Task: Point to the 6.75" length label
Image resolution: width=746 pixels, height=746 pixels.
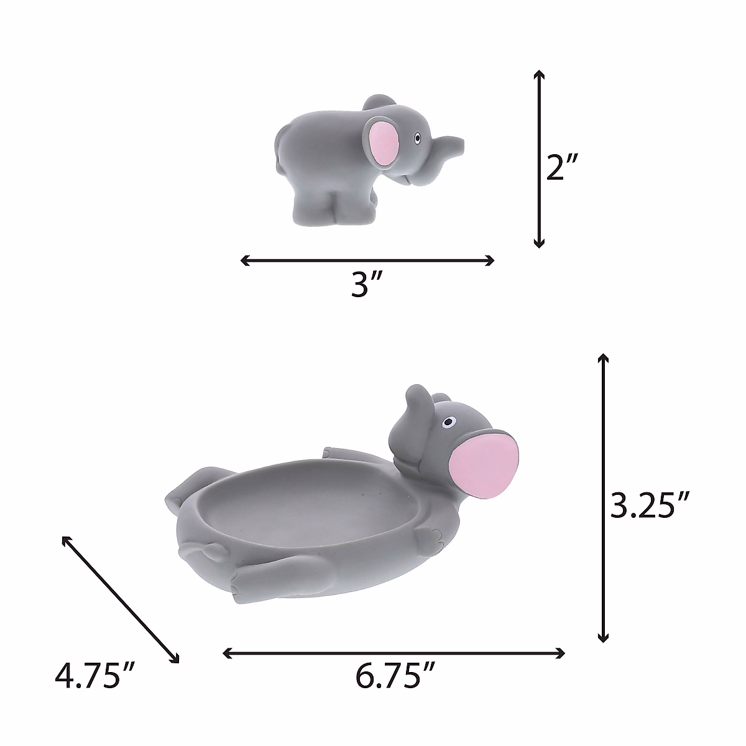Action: coord(394,676)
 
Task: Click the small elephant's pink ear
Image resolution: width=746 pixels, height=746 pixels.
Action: coord(384,143)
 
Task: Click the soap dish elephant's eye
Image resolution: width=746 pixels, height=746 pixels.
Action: coord(449,424)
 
